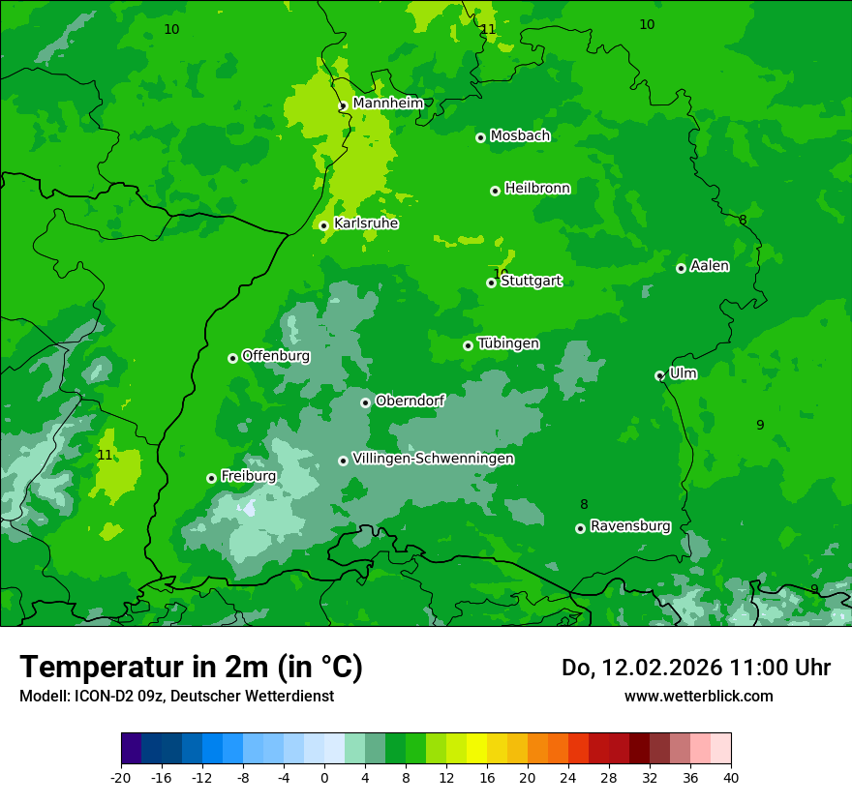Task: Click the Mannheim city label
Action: tap(387, 103)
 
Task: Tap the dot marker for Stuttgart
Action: tap(491, 283)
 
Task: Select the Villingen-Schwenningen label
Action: tap(433, 459)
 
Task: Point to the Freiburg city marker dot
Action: tap(211, 478)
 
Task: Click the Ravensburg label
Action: tap(630, 526)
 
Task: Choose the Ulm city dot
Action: tap(659, 375)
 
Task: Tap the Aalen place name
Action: tap(710, 266)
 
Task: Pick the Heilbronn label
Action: tap(537, 189)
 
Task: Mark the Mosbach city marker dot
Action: tap(480, 137)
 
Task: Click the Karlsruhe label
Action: tap(366, 223)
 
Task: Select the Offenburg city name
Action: tap(276, 356)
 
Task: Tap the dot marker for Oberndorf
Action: tap(365, 402)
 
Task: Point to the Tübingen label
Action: tap(508, 343)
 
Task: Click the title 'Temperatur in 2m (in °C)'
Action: tap(191, 668)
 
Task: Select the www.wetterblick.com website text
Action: tap(698, 696)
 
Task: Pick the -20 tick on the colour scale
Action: tap(121, 777)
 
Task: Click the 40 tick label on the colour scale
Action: tap(730, 777)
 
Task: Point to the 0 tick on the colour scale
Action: tap(324, 777)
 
